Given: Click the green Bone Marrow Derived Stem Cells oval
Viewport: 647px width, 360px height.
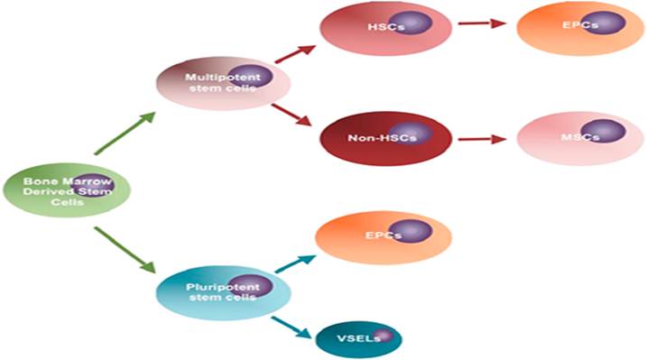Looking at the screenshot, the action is pyautogui.click(x=67, y=190).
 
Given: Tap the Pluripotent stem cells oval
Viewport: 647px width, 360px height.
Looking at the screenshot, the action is pyautogui.click(x=223, y=293).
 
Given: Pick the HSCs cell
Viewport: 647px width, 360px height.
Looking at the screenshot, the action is pyautogui.click(x=386, y=28).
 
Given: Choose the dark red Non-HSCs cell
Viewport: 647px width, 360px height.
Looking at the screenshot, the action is pyautogui.click(x=386, y=139).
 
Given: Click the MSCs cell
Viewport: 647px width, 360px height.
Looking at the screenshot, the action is pyautogui.click(x=580, y=139).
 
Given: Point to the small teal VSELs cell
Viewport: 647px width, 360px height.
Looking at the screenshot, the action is pyautogui.click(x=358, y=339).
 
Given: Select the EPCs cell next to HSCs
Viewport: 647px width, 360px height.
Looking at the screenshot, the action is pyautogui.click(x=580, y=28).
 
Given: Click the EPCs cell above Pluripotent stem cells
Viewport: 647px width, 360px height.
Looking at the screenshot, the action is pyautogui.click(x=384, y=238).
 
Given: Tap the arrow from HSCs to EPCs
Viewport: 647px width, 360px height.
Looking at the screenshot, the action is pyautogui.click(x=483, y=23).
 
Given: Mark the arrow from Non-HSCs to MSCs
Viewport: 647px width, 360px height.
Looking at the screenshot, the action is pyautogui.click(x=483, y=139).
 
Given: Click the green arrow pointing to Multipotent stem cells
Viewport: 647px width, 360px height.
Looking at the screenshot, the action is pyautogui.click(x=125, y=133).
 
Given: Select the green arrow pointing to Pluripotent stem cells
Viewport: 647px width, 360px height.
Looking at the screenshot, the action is pyautogui.click(x=125, y=250).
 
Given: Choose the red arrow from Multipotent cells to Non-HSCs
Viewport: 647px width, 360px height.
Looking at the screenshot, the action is pyautogui.click(x=291, y=115).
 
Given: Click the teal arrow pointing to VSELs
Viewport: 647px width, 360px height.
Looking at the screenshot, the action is pyautogui.click(x=291, y=328).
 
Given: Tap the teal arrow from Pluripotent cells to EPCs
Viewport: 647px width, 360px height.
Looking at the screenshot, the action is pyautogui.click(x=295, y=264).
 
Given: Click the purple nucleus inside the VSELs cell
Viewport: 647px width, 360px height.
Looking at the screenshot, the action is pyautogui.click(x=384, y=336).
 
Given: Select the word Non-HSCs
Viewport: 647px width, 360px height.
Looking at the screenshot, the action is pyautogui.click(x=382, y=138).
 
